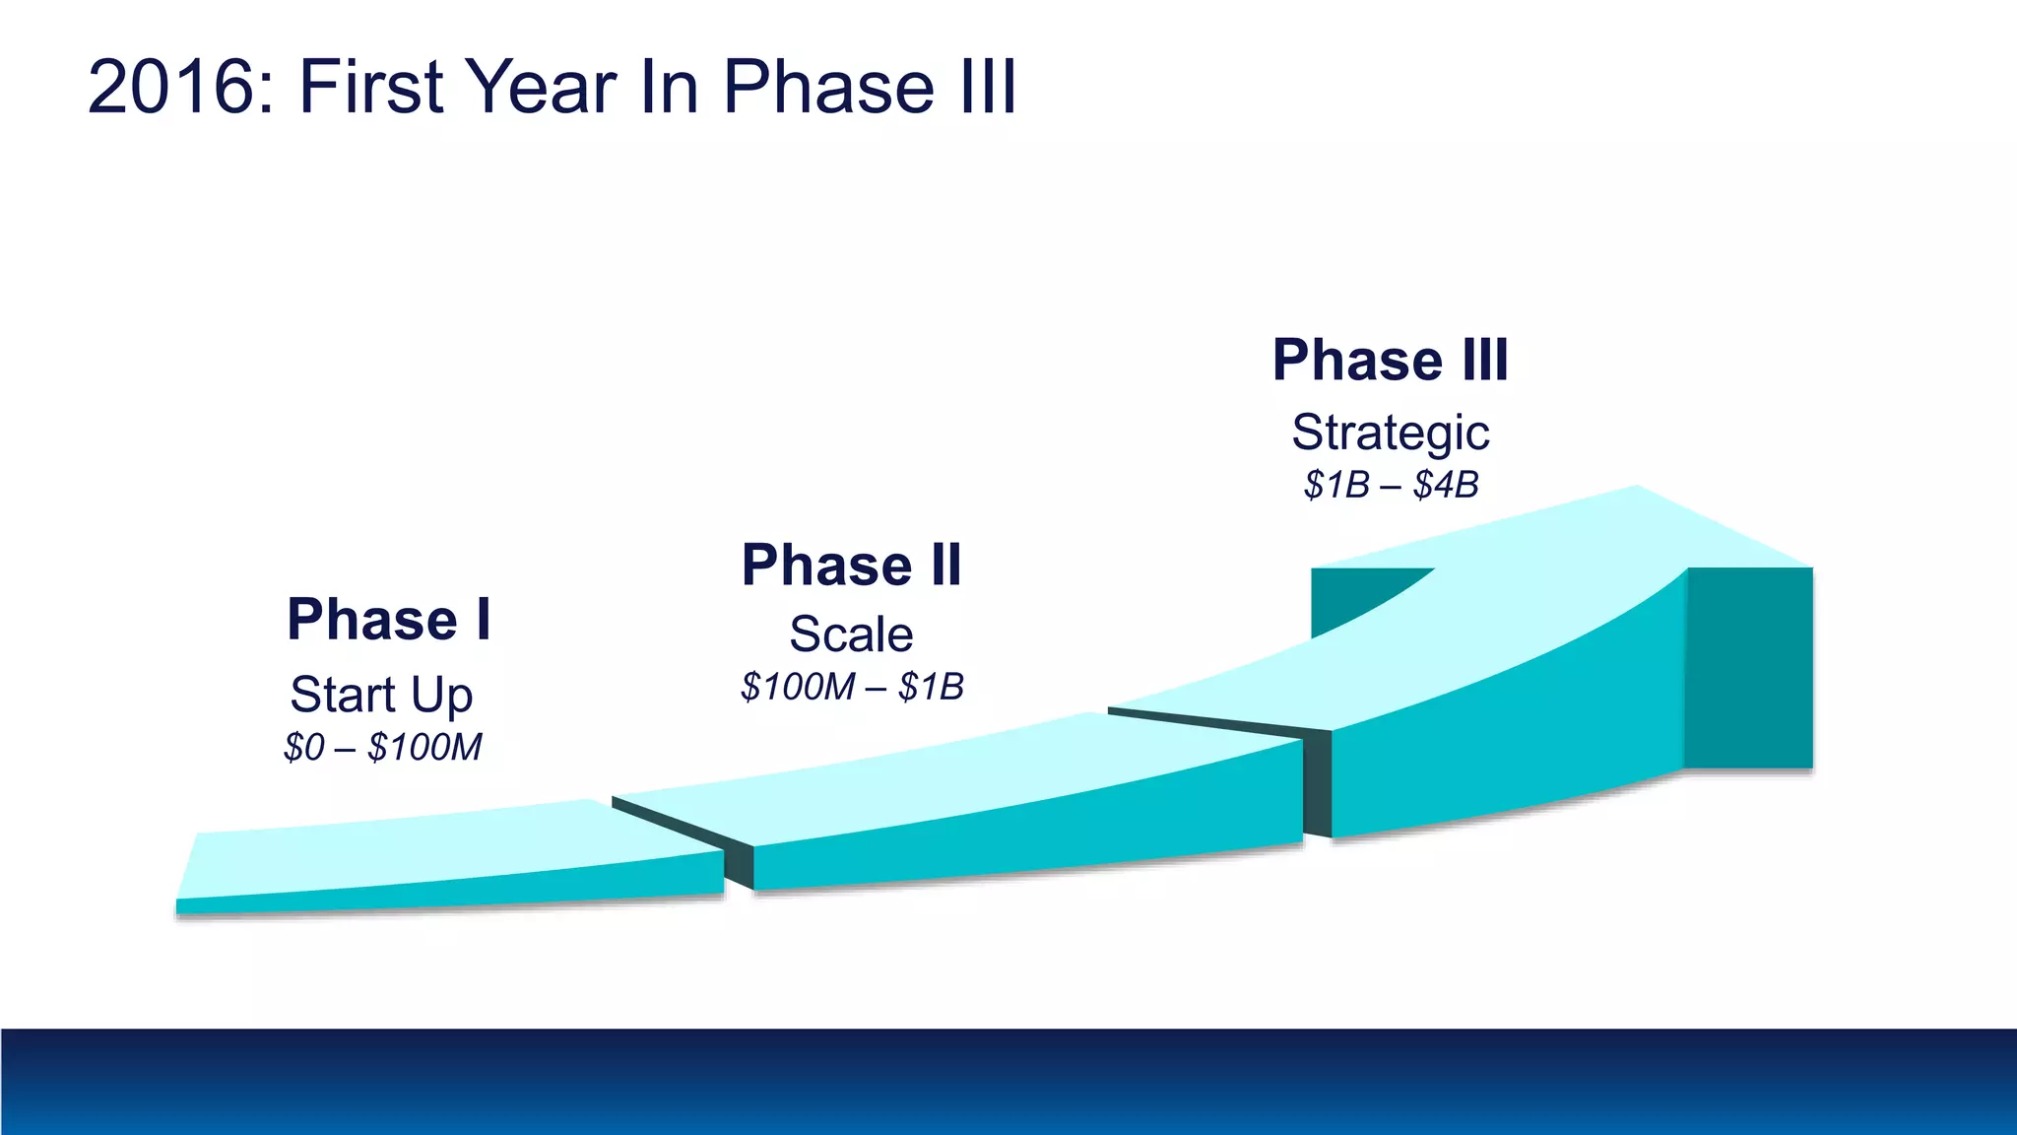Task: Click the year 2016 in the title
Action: pos(170,87)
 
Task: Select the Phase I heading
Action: pos(389,620)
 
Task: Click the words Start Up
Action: pos(382,695)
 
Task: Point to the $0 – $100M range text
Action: pos(382,748)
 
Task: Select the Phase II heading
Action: pos(852,566)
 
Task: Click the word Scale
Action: pos(851,634)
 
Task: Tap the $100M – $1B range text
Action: pos(852,687)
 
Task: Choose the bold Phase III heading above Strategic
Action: pos(1391,360)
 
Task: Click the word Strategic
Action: pos(1391,433)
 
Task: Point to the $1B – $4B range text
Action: pos(1391,485)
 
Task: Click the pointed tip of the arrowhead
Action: pos(1639,487)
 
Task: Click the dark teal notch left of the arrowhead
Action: pos(1349,596)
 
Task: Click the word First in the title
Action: pos(371,87)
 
